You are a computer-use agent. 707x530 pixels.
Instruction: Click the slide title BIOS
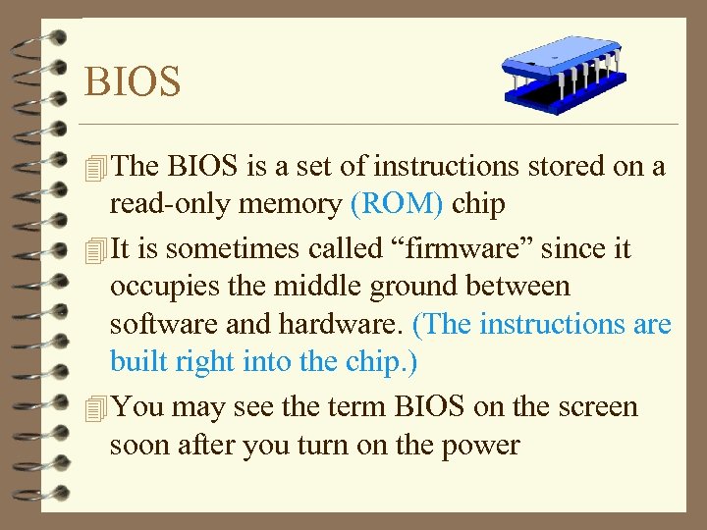[133, 81]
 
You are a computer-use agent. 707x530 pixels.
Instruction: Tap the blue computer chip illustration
[562, 72]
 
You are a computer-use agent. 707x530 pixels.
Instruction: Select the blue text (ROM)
[396, 204]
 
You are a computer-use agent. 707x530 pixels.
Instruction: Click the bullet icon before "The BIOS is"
[94, 168]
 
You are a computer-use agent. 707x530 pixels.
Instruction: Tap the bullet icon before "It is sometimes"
[94, 250]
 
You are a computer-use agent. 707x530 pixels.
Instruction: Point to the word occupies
[163, 288]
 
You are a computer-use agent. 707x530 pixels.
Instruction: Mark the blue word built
[141, 362]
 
